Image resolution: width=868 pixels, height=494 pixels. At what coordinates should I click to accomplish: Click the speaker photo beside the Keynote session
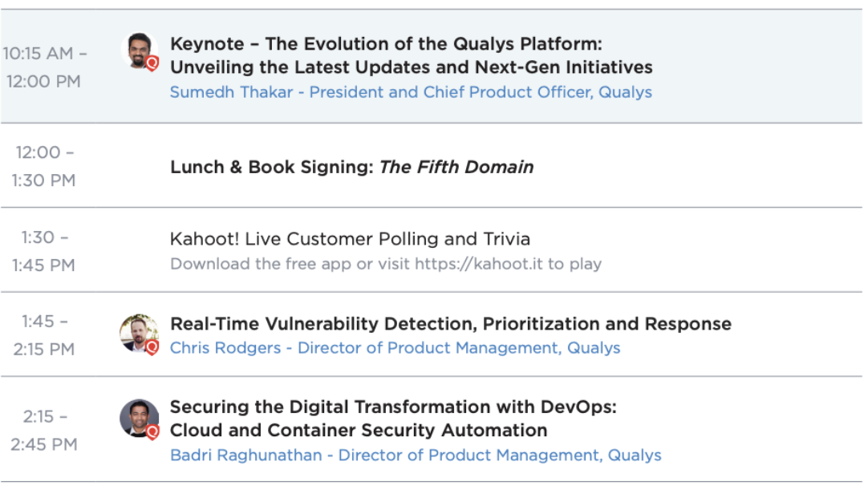click(x=139, y=51)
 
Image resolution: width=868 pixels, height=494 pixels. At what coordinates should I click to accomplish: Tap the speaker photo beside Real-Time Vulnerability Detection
click(x=139, y=334)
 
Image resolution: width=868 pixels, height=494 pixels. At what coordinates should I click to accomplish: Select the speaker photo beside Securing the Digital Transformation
click(x=139, y=418)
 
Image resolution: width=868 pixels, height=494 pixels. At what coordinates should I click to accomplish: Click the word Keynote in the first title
click(x=207, y=44)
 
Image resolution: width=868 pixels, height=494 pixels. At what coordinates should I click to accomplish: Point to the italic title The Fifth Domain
click(x=456, y=167)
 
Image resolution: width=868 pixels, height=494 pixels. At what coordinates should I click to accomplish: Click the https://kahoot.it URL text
click(x=479, y=264)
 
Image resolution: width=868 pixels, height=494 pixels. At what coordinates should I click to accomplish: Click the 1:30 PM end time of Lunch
click(x=44, y=181)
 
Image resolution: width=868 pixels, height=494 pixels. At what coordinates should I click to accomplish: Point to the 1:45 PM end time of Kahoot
click(x=44, y=265)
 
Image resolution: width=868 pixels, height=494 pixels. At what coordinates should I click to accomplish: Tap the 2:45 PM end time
click(x=44, y=445)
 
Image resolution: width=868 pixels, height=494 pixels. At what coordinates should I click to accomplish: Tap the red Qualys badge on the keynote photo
click(x=152, y=63)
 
